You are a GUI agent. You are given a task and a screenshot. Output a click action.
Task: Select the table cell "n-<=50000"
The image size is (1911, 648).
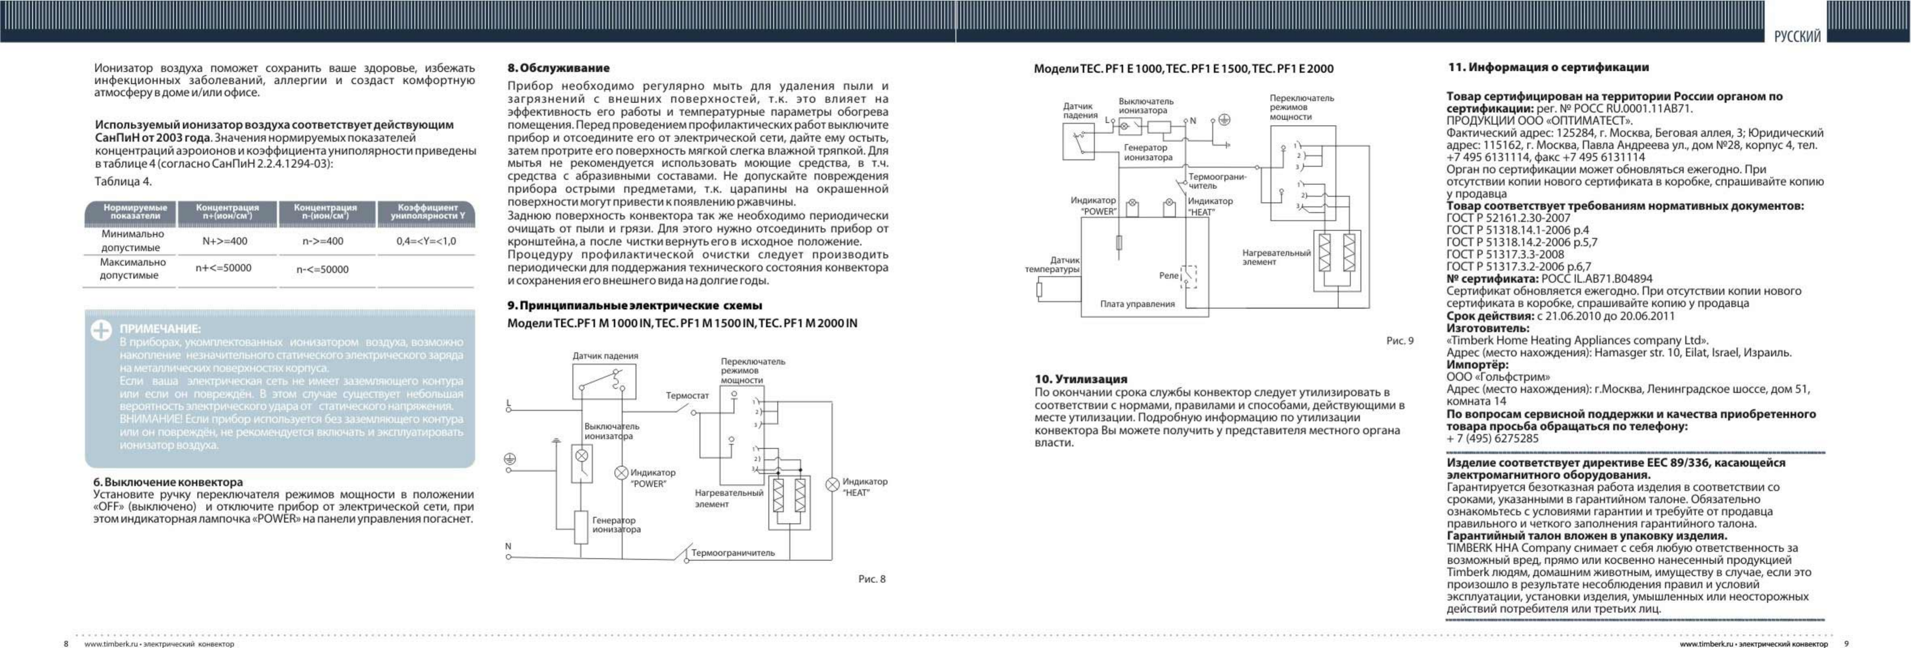click(x=323, y=269)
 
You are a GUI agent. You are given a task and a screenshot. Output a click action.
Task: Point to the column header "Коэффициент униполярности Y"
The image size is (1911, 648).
click(x=427, y=211)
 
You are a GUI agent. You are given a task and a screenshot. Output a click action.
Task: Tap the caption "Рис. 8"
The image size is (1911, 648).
click(x=872, y=579)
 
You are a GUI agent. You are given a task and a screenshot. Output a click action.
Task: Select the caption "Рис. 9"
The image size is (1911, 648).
click(x=1400, y=341)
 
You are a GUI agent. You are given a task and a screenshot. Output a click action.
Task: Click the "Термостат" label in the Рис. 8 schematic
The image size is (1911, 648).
click(x=687, y=396)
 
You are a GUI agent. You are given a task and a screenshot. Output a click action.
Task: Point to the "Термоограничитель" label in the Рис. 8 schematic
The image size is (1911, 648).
click(x=733, y=553)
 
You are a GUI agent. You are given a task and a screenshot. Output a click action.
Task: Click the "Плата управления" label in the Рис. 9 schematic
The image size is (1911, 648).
click(x=1137, y=304)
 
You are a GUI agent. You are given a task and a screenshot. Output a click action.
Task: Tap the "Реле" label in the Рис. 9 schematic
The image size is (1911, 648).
click(x=1168, y=275)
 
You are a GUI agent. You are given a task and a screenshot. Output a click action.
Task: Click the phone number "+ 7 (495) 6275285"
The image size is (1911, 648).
click(x=1493, y=439)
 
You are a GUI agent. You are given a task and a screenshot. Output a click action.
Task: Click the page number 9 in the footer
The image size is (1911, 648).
click(x=1847, y=644)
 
